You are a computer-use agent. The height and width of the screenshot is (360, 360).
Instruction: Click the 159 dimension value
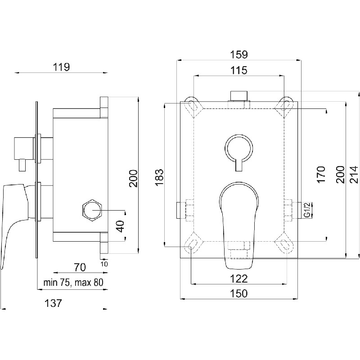239,54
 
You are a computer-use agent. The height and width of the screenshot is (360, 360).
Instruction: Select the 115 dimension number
239,70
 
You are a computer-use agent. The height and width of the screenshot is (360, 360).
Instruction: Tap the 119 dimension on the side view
61,67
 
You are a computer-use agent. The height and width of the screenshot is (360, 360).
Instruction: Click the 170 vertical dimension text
321,175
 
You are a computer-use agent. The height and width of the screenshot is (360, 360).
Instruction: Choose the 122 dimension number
239,279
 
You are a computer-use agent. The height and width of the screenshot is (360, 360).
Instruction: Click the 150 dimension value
239,293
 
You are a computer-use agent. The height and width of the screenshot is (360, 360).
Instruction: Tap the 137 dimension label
53,303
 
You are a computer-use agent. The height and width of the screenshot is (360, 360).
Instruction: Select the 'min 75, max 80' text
73,283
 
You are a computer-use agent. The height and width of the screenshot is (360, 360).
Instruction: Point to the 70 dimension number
80,267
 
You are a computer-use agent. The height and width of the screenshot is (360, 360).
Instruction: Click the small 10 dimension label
104,264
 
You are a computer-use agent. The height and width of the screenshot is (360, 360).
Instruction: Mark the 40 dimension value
120,226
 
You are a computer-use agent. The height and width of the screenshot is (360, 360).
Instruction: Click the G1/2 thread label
307,210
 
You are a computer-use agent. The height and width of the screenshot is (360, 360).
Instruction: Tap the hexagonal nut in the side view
92,210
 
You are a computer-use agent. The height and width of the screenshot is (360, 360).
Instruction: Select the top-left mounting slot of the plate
194,106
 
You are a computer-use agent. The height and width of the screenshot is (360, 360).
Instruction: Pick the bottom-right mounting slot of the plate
284,244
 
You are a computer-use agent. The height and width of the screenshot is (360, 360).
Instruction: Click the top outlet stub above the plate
239,96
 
